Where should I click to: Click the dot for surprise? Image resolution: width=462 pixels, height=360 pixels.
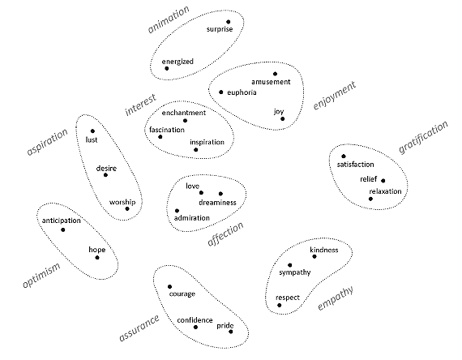point(229,22)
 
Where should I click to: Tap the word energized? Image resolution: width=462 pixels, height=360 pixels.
point(178,62)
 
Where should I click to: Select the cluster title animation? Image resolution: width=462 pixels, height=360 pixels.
point(169,19)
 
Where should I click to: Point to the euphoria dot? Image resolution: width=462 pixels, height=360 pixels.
point(221,92)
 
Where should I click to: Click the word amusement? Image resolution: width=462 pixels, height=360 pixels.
point(271,82)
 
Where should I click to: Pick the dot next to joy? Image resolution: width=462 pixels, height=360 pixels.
point(283,119)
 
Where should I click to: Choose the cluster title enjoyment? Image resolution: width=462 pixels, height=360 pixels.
point(335,96)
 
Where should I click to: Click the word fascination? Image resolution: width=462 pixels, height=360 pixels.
point(167,130)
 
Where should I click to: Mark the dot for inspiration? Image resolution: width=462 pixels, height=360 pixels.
point(196,150)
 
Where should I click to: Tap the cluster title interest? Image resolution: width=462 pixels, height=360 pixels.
point(140,105)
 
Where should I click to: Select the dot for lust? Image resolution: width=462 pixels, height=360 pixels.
point(92,131)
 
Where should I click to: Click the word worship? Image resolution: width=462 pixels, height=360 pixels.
point(122,202)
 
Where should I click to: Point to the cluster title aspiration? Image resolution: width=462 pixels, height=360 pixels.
point(47,142)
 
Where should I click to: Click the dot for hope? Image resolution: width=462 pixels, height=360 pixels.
point(97,258)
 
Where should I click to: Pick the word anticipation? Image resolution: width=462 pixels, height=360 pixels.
point(62,221)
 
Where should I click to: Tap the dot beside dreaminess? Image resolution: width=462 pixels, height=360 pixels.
point(220,194)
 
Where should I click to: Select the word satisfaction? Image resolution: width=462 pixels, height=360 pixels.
point(355,165)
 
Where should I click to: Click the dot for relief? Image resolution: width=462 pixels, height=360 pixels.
point(383,181)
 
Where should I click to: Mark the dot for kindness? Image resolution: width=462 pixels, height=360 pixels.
point(314,256)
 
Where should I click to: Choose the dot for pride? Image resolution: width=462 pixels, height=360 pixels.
point(231,332)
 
